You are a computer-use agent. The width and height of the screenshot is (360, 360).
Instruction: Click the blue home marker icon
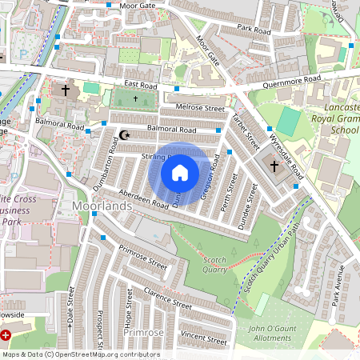(180, 172)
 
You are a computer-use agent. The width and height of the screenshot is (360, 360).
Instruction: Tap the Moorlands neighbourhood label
(101, 206)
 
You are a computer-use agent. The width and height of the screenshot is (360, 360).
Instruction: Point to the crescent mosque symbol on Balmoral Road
(123, 134)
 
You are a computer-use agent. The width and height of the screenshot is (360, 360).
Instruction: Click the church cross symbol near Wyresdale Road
(274, 166)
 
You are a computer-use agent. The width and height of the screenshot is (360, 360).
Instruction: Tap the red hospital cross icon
(6, 336)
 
